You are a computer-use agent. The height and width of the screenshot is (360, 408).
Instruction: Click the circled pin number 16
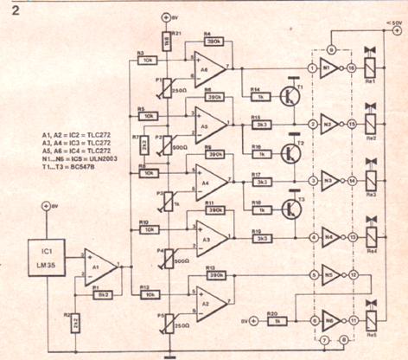tap(353, 68)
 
